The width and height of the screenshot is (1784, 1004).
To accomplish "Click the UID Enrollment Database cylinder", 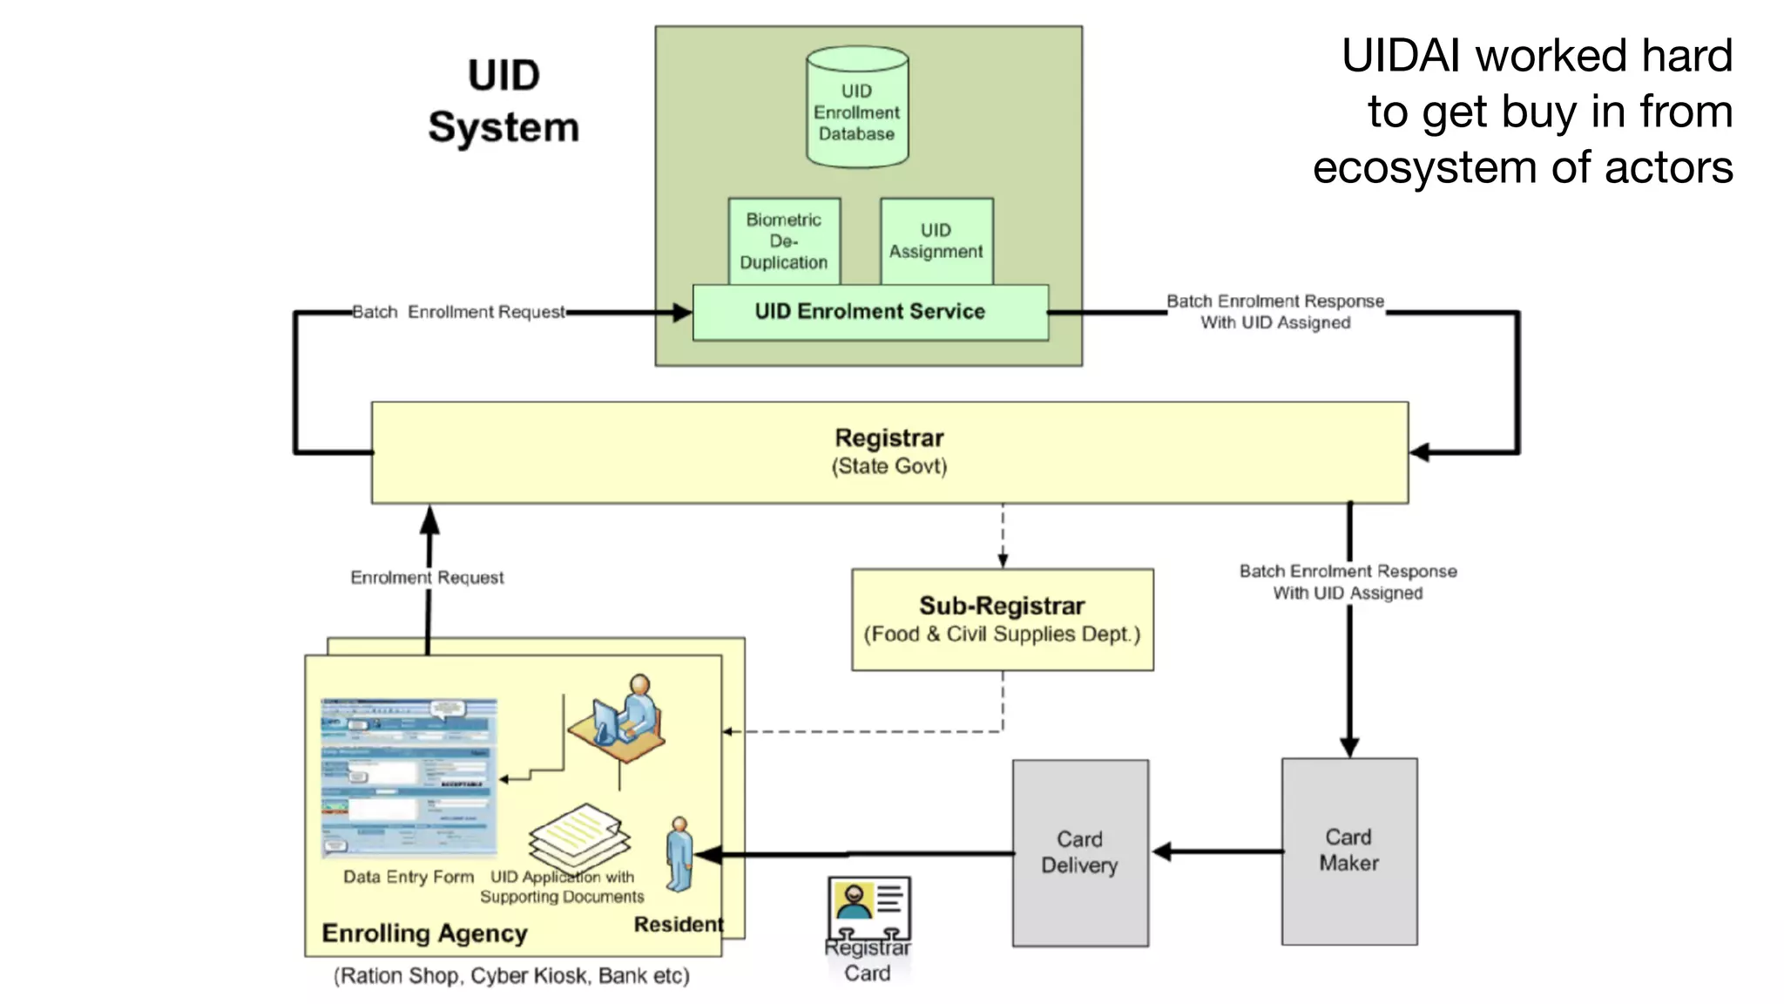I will point(857,109).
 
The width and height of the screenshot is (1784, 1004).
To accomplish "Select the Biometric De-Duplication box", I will point(784,241).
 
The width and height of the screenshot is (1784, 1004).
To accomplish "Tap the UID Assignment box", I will point(936,241).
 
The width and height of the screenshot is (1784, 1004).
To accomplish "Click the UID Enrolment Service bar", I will point(869,312).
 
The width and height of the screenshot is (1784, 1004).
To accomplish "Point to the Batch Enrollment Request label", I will point(458,312).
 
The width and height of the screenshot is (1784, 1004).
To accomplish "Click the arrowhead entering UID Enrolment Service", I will point(682,312).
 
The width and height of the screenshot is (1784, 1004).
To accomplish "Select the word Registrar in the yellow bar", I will point(889,438).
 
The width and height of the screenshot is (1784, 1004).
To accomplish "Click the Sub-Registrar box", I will point(1002,620).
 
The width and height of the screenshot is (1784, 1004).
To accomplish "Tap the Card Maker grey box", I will point(1348,851).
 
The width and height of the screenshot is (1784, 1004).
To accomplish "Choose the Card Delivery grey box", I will point(1079,852).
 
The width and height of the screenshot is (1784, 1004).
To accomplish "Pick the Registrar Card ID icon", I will point(869,906).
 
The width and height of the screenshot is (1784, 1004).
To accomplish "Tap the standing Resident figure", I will point(679,854).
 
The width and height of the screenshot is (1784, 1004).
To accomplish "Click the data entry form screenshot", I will point(409,778).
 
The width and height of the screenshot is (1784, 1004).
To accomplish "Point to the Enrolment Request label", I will point(427,578).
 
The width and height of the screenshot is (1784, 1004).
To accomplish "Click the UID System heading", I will point(503,101).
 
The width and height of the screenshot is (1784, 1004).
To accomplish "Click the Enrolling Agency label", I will point(424,933).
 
